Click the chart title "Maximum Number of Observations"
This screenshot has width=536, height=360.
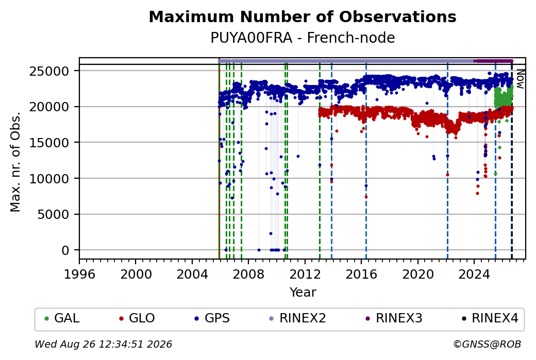tap(303, 16)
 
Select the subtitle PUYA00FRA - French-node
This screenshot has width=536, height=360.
tap(303, 38)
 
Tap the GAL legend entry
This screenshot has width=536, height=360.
tap(62, 318)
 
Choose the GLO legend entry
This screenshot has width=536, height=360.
tap(137, 318)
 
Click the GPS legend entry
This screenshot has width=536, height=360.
tap(212, 318)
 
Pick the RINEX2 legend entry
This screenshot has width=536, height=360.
tap(297, 318)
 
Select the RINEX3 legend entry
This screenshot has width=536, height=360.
tap(394, 318)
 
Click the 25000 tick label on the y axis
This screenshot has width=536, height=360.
tap(49, 72)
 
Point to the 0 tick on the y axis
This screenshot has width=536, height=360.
tap(65, 250)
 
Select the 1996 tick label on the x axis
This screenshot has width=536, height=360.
tap(80, 274)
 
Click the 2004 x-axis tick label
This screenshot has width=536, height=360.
tap(192, 274)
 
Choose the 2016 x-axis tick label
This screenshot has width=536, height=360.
tap(361, 274)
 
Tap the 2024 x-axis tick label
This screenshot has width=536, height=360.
tap(474, 274)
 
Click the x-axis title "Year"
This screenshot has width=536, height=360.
tap(303, 293)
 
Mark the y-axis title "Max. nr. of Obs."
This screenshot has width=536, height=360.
tap(15, 162)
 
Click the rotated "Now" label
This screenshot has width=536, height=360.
tap(520, 79)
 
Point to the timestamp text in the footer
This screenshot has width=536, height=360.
tap(103, 344)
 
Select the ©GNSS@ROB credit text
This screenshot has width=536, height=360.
tap(487, 344)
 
